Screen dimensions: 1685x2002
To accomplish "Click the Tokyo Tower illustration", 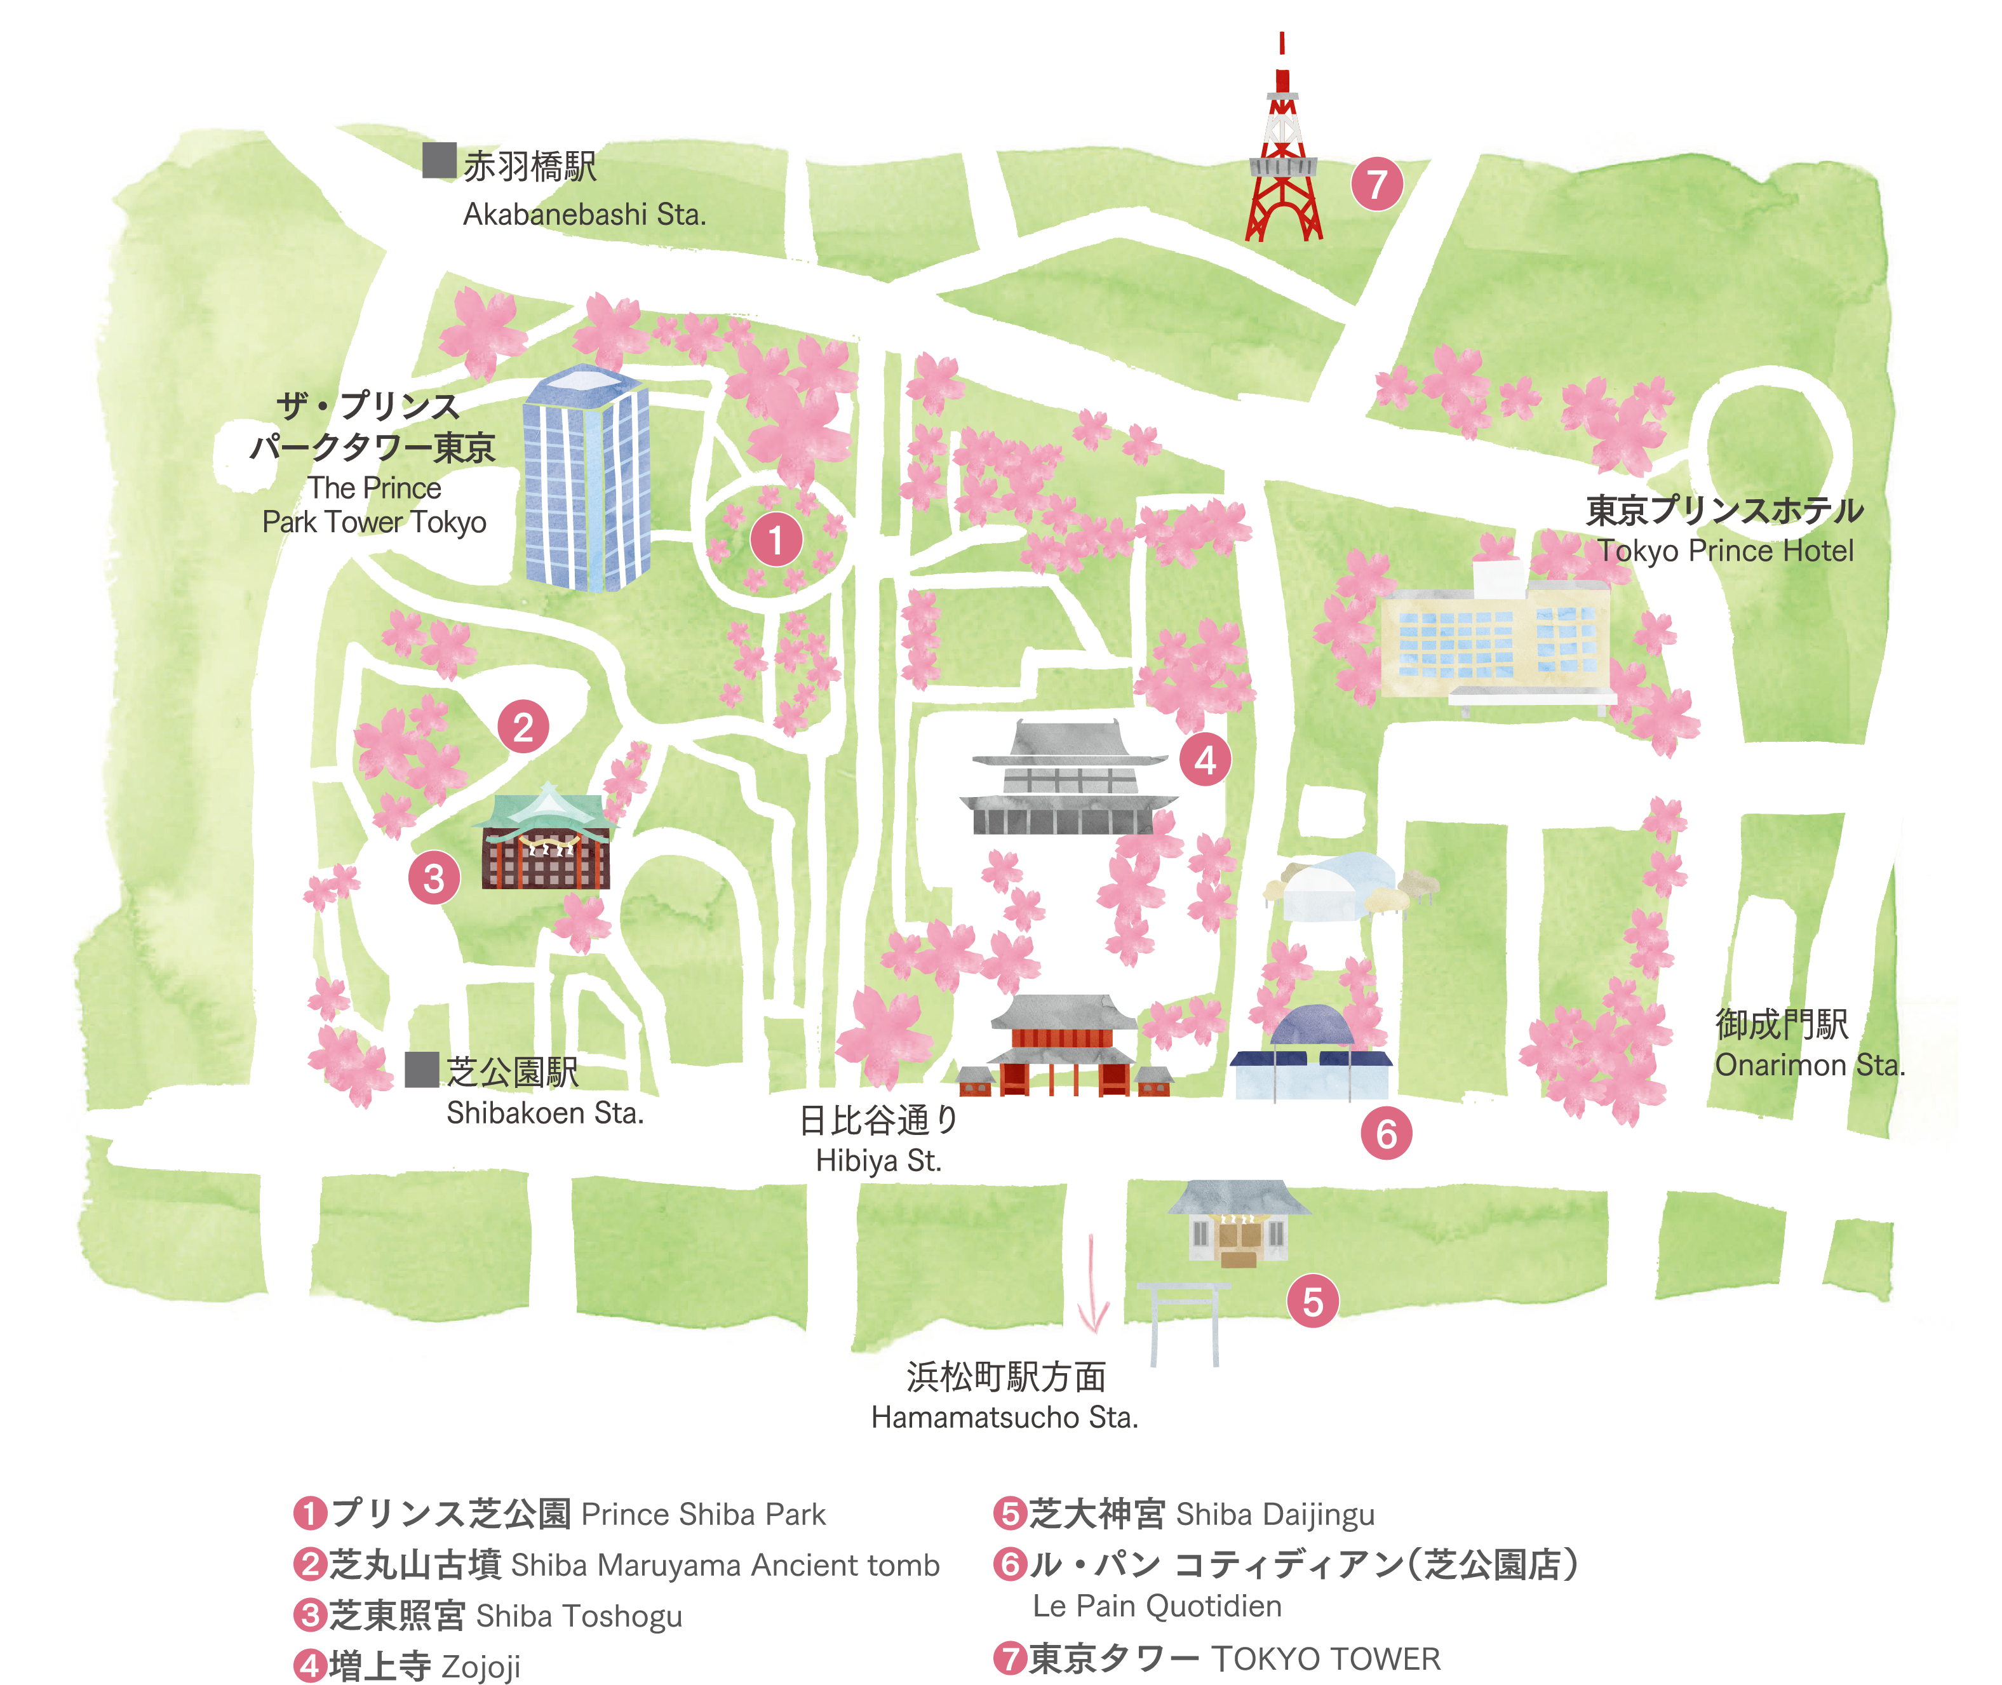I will tap(1283, 163).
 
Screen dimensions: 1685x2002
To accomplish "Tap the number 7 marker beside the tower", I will tap(1376, 184).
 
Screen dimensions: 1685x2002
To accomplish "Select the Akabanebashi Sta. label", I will tap(584, 214).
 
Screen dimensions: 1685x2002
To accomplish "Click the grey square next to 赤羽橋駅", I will tap(440, 161).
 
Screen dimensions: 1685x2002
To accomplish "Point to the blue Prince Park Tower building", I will tap(586, 478).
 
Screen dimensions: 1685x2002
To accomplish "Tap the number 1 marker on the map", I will tap(776, 540).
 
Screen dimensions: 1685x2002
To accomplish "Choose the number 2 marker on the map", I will tap(523, 727).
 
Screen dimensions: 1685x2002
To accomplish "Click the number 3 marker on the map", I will tap(434, 878).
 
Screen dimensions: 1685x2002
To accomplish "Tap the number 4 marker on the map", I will tap(1206, 760).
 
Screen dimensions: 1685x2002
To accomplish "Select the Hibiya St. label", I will tap(879, 1160).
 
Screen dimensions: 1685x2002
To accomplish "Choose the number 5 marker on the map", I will tap(1312, 1301).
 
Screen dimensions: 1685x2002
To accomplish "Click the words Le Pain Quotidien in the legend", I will tap(1157, 1606).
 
